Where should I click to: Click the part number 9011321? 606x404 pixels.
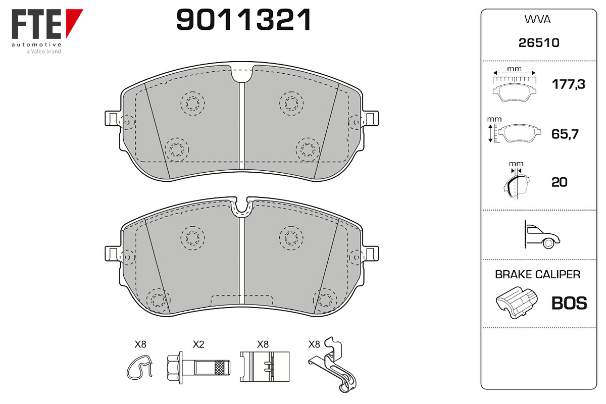point(243,20)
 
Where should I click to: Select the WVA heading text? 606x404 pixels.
point(537,20)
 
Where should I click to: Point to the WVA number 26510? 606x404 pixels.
point(539,43)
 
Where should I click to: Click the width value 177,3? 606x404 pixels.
point(568,84)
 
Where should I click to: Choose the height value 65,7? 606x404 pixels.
point(565,134)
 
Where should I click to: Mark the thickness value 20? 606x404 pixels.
point(559,182)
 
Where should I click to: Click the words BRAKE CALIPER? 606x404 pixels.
point(537,274)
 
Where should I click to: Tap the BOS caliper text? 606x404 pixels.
point(569,303)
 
